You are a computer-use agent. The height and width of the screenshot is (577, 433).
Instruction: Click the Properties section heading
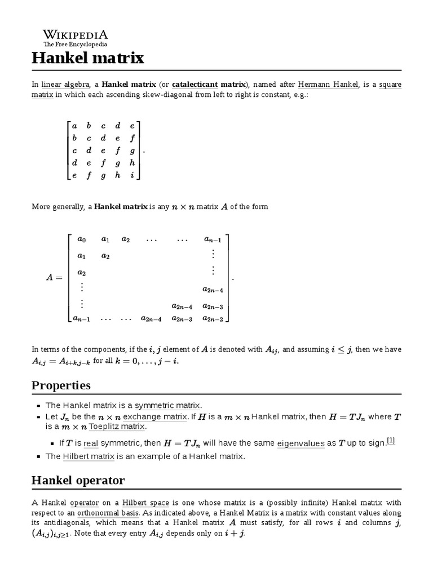61,385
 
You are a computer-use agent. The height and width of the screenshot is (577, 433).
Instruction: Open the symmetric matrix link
167,405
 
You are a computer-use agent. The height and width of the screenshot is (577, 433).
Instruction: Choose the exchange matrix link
155,417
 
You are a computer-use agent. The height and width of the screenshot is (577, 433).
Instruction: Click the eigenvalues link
301,443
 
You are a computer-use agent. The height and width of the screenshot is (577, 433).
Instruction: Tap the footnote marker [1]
391,441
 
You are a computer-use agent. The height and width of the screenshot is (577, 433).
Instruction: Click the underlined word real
91,443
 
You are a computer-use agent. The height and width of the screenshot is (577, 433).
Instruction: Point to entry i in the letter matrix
132,176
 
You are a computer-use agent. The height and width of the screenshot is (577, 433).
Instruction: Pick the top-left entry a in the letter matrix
74,126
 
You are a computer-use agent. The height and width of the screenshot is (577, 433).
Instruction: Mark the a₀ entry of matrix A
82,239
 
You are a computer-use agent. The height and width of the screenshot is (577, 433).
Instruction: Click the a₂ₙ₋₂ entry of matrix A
213,319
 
